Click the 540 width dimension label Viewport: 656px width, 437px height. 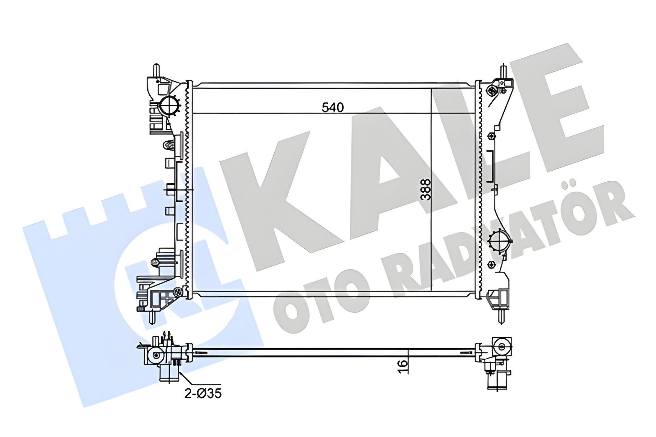(333, 107)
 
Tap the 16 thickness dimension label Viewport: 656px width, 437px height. (404, 363)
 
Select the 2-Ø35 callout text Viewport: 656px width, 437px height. (203, 394)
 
